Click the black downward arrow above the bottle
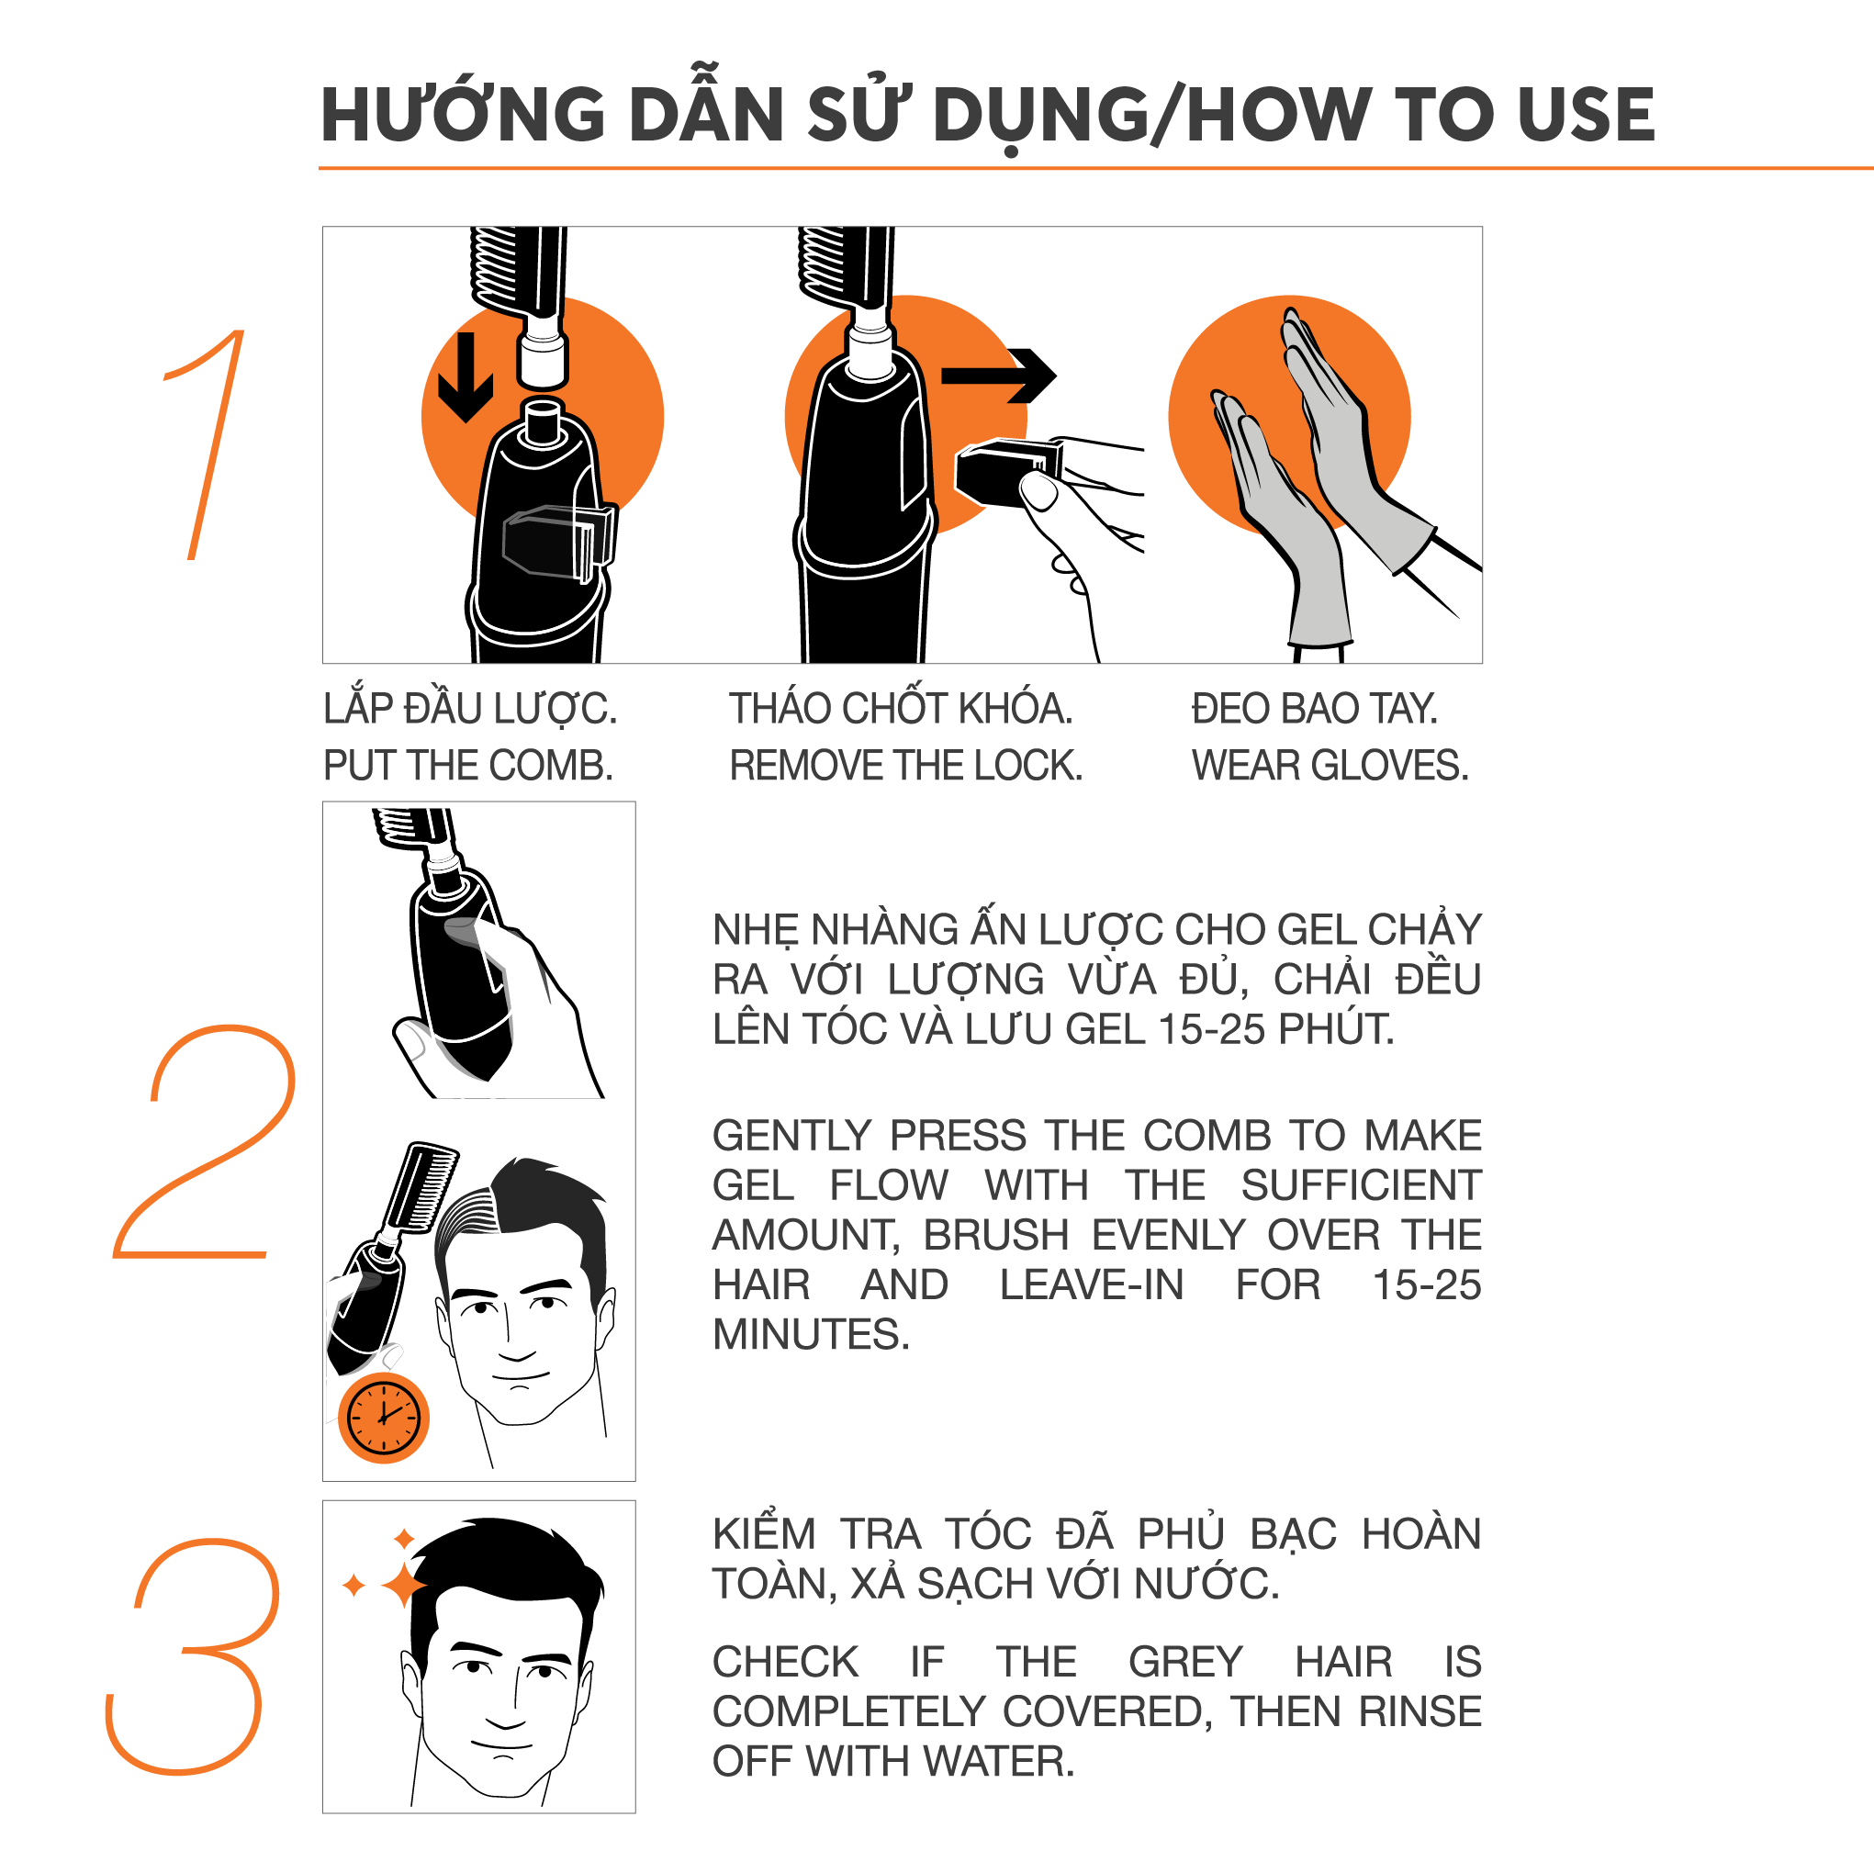pos(466,378)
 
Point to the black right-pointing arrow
pos(999,376)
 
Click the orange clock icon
pos(383,1417)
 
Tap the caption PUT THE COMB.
pos(468,767)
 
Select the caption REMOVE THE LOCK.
pos(906,767)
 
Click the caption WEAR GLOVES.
pos(1330,767)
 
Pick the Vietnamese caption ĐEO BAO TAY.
pos(1314,709)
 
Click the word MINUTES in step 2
pos(811,1335)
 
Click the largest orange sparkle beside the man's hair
pos(406,1585)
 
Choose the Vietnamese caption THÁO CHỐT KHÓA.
pos(901,709)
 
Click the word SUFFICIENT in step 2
pos(1361,1185)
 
